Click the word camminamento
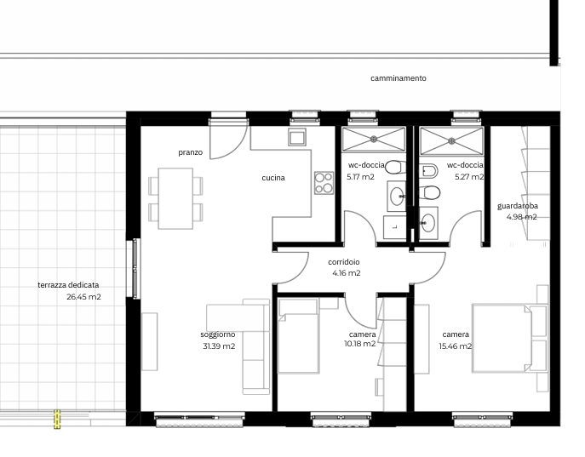tap(398, 78)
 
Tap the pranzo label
tap(190, 152)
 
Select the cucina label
tap(272, 178)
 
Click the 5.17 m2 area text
tap(360, 177)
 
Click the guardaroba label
tap(517, 206)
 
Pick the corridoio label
tap(344, 262)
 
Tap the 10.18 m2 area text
tap(359, 344)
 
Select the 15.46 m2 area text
tap(456, 346)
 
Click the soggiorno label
tap(218, 334)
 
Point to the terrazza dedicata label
tap(68, 285)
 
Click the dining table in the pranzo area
tap(176, 197)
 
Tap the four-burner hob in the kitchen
tap(324, 183)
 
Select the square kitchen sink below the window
tap(297, 137)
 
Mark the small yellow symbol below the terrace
tap(57, 419)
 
